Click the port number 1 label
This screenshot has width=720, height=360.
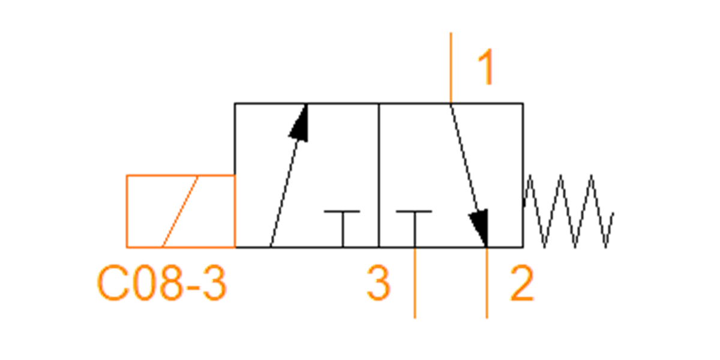486,67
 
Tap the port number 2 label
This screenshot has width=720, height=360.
522,283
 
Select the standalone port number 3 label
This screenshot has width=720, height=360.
379,283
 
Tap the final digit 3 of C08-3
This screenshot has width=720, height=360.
214,283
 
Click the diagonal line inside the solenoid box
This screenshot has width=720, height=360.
180,211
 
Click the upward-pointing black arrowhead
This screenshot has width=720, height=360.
299,123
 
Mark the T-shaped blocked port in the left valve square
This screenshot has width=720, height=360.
343,229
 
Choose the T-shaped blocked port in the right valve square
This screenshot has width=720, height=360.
415,229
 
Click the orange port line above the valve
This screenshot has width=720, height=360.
451,67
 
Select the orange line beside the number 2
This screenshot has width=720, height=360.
487,283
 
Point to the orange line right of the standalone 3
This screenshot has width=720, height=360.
415,283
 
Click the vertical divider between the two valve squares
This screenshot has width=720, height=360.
379,175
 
